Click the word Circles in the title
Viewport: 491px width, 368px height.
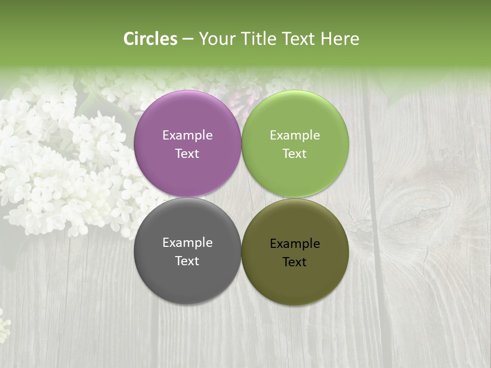pyautogui.click(x=150, y=39)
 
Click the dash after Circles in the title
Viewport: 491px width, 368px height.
pyautogui.click(x=188, y=39)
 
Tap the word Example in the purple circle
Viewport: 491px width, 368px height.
pyautogui.click(x=187, y=135)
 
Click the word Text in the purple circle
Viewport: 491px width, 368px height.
pyautogui.click(x=187, y=153)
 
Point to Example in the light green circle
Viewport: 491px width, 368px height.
pyautogui.click(x=295, y=135)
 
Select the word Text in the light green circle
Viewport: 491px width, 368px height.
pyautogui.click(x=295, y=153)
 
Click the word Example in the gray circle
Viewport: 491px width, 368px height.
pyautogui.click(x=187, y=242)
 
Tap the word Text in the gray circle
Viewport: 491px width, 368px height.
pyautogui.click(x=187, y=261)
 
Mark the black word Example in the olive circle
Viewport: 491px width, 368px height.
pyautogui.click(x=295, y=243)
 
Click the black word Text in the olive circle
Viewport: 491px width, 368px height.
pyautogui.click(x=295, y=262)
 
